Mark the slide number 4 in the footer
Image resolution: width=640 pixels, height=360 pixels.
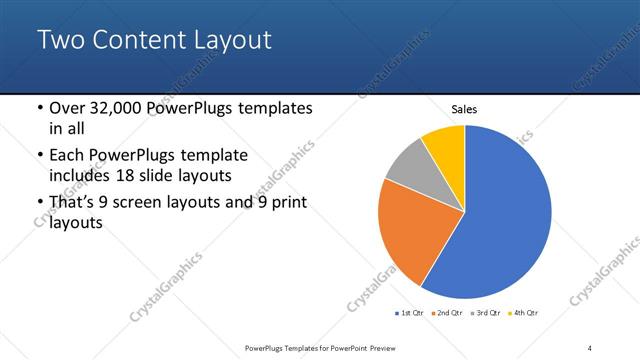coord(590,347)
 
